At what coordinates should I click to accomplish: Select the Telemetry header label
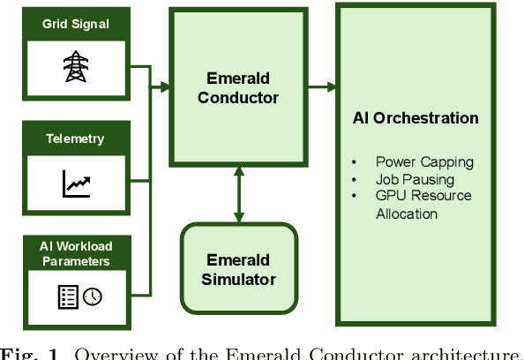75,139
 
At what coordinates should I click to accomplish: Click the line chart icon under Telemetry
76,184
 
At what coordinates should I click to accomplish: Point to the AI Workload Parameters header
75,253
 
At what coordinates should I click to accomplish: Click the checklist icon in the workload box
68,297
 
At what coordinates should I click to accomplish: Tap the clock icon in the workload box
92,297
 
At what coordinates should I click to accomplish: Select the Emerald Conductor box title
237,87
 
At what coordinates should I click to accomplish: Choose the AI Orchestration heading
415,118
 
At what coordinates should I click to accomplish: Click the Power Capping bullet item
423,161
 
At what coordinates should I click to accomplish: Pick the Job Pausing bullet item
414,178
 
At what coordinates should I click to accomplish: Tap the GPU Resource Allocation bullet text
423,204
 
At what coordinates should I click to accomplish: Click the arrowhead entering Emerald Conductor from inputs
164,86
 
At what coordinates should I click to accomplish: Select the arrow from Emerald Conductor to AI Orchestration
321,86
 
